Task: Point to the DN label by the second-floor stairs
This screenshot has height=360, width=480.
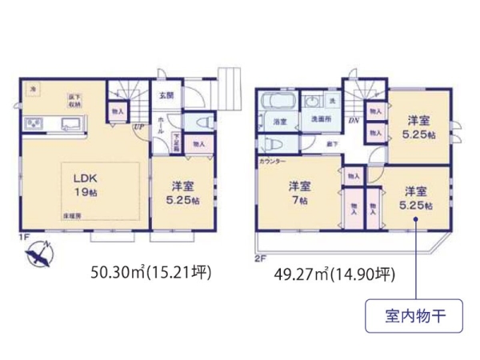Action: point(353,121)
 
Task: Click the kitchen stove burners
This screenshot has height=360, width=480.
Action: point(35,123)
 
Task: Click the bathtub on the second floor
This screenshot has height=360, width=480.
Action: point(278,102)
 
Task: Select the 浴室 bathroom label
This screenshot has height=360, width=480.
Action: point(280,122)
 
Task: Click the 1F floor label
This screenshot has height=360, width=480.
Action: point(26,237)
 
